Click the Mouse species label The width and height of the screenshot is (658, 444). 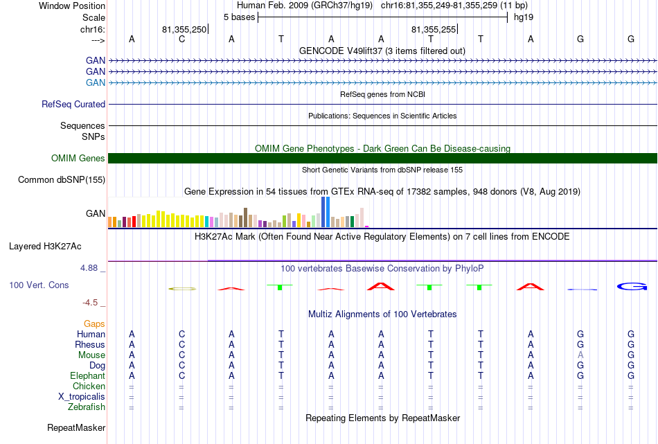pos(91,355)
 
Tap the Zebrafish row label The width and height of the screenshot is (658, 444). pos(87,407)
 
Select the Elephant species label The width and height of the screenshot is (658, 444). pos(87,375)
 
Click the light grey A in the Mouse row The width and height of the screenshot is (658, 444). pos(580,355)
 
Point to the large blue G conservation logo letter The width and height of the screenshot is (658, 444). pos(632,287)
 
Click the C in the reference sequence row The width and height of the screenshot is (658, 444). pos(181,39)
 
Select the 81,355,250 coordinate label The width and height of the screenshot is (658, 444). pos(184,29)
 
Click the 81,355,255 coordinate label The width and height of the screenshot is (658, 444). pos(434,29)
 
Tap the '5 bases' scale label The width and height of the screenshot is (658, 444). pos(239,17)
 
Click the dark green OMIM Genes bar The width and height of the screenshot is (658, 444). pos(383,158)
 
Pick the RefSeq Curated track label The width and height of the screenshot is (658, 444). pos(73,104)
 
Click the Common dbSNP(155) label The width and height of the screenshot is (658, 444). pos(62,179)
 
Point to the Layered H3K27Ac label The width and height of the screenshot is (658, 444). pos(45,247)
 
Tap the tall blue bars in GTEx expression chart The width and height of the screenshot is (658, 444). pos(326,212)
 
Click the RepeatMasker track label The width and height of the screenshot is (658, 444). pos(76,427)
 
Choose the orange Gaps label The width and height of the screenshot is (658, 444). pos(94,323)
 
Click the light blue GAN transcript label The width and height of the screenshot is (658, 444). pos(96,82)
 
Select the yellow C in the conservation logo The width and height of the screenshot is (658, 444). pos(182,289)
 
